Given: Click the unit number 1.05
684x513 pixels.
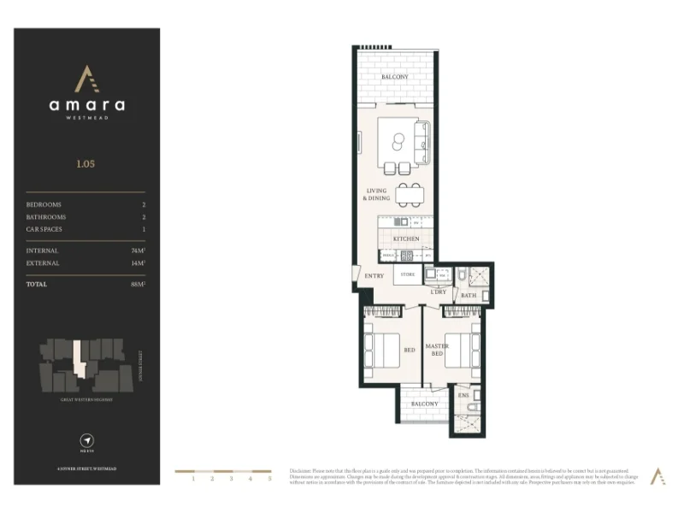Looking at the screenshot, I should (86, 162).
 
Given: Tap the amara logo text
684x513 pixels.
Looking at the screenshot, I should (86, 106).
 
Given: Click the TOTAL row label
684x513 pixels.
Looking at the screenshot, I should (37, 284).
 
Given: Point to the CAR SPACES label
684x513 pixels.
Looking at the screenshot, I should (44, 229).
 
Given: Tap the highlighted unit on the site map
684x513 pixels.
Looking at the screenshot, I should (80, 359).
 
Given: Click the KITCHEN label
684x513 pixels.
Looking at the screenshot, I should (406, 239).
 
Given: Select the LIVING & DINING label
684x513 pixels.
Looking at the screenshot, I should (378, 194).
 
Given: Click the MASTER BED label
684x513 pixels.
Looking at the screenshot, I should (438, 349).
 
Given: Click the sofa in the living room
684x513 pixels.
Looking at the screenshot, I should (422, 143).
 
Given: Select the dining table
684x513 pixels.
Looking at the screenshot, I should (410, 194).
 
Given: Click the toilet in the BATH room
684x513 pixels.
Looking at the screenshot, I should (461, 275).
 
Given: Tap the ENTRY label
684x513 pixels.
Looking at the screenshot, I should (374, 276).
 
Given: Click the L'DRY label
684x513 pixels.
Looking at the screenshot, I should (438, 292).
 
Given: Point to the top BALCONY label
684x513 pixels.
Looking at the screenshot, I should (394, 77).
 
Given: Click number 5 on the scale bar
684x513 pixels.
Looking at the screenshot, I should (269, 480).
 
